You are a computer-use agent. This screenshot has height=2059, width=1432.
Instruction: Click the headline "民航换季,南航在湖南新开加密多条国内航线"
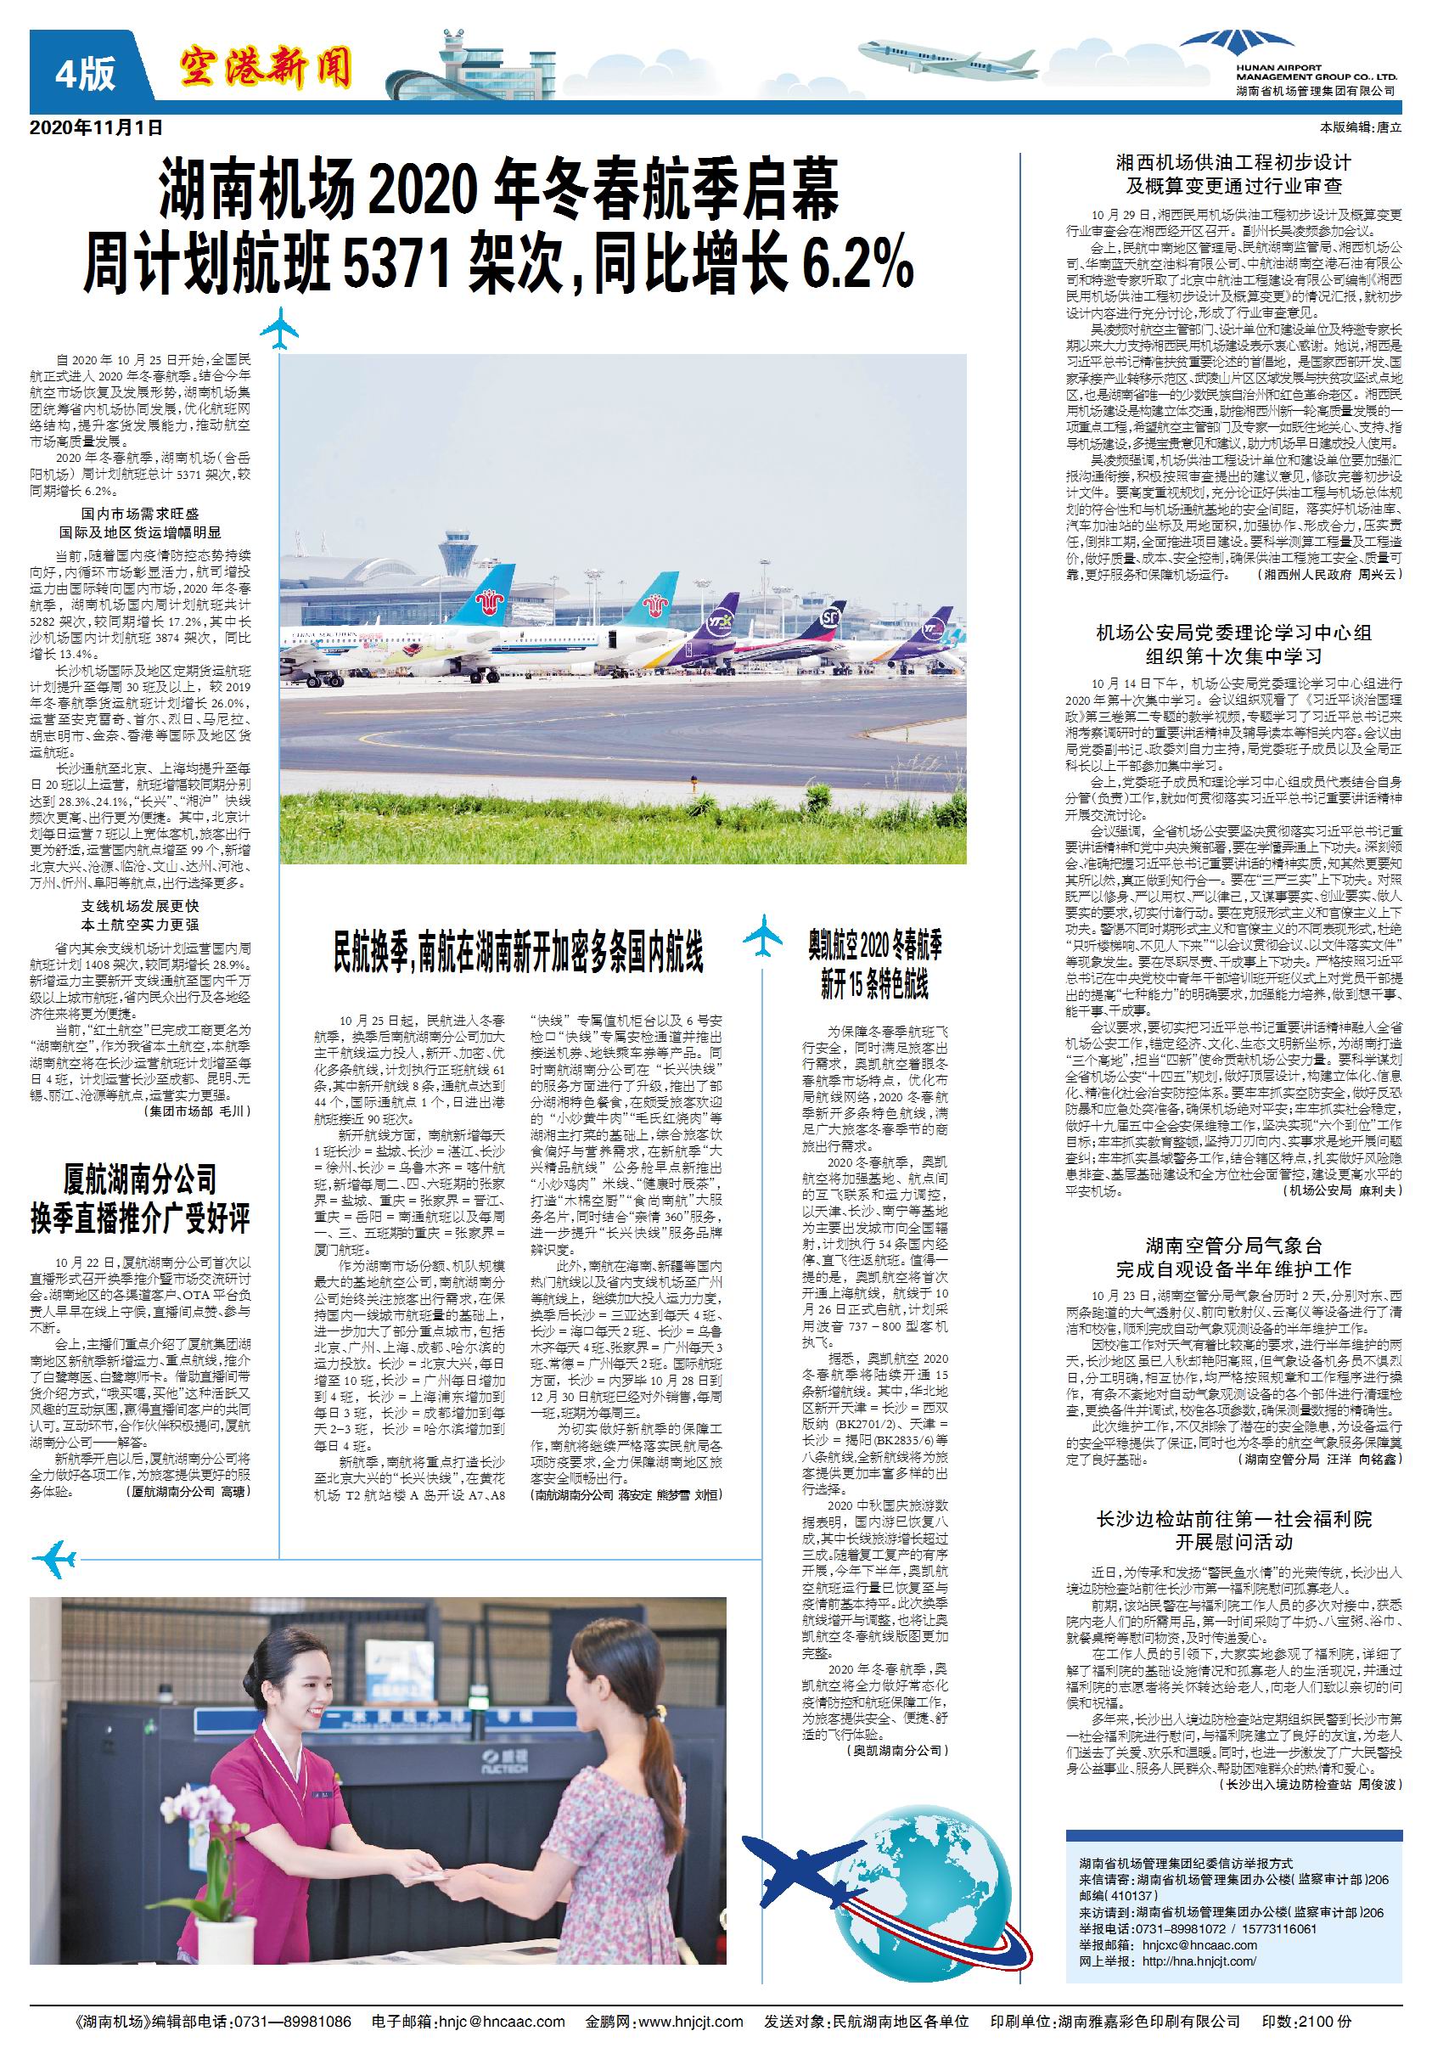519,953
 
